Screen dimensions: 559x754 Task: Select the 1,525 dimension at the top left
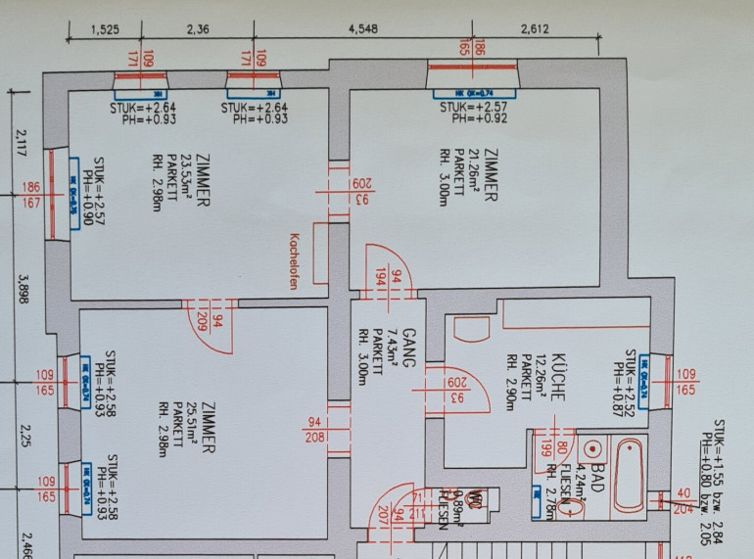[105, 28]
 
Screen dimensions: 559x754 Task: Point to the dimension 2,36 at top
[198, 28]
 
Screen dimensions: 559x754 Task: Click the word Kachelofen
[292, 260]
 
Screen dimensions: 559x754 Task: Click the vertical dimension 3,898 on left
[22, 291]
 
